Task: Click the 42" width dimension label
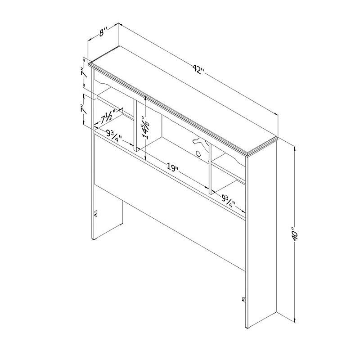(198, 70)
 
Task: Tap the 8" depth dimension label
(103, 32)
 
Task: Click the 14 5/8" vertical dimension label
(146, 127)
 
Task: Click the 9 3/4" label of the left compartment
(114, 136)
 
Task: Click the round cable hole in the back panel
(198, 153)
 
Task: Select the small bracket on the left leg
(96, 213)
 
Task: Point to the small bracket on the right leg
(244, 300)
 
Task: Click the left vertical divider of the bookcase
(135, 126)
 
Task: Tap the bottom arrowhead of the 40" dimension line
(295, 320)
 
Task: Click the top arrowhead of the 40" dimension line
(295, 150)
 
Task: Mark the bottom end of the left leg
(93, 239)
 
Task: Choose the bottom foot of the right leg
(247, 328)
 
